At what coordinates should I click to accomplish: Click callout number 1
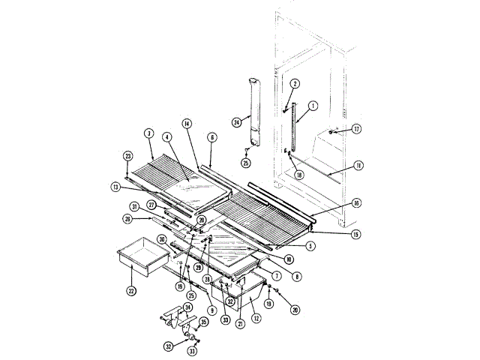tap(313, 106)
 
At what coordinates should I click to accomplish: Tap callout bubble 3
tap(149, 133)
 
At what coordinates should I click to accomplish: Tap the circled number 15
tap(355, 234)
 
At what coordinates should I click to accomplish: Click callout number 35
tap(203, 323)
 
